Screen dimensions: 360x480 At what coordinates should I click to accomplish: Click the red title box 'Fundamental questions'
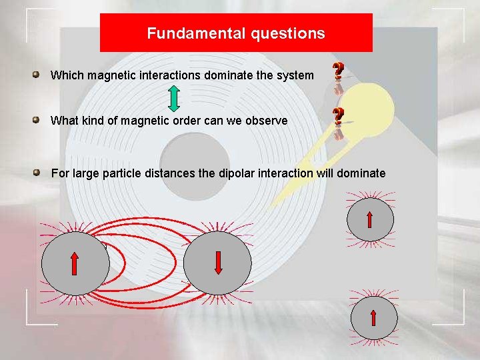coord(236,33)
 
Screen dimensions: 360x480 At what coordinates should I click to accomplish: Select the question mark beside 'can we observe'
coord(339,117)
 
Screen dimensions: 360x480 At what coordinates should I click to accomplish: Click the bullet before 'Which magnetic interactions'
coord(39,75)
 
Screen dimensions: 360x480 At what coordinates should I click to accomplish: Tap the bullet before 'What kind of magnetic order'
coord(39,120)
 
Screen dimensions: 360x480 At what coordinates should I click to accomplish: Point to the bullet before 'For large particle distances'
coord(39,173)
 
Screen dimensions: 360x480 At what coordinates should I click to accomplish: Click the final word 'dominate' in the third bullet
coord(361,173)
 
